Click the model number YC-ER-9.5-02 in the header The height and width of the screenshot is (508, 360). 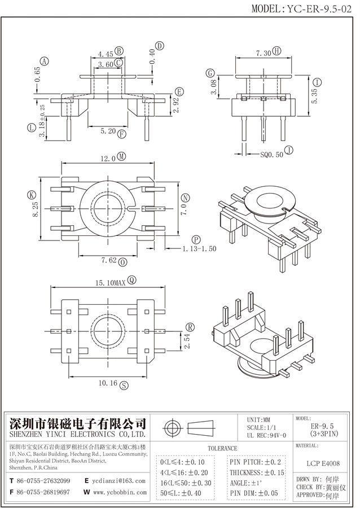[318, 8]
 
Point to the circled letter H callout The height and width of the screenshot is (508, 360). [276, 51]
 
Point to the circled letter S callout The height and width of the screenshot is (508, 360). [124, 384]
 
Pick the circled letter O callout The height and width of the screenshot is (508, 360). [124, 262]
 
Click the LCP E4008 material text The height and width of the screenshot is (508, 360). [325, 463]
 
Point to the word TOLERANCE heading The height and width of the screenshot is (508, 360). [222, 448]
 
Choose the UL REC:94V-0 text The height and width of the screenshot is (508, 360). [267, 436]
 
